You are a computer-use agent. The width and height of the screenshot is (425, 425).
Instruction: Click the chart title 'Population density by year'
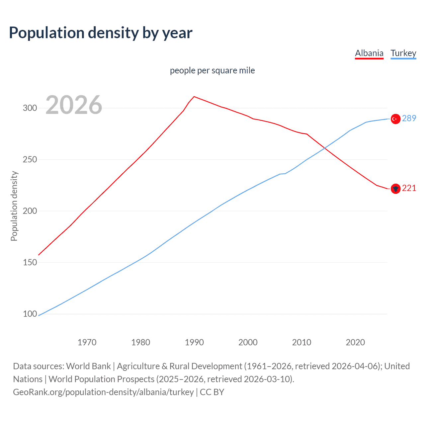[x=101, y=33]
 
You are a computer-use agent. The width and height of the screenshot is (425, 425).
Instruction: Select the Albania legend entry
[x=369, y=53]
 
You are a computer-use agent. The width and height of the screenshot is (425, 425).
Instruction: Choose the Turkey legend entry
[x=403, y=53]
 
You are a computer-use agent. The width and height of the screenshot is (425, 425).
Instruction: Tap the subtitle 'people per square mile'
[x=212, y=70]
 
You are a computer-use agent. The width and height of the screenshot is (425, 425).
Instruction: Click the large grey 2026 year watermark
[x=74, y=105]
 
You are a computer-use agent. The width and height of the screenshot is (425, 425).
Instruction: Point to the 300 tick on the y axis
[x=30, y=108]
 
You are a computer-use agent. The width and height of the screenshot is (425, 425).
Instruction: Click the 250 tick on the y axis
[x=30, y=159]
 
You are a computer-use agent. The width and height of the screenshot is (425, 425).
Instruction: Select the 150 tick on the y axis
[x=30, y=262]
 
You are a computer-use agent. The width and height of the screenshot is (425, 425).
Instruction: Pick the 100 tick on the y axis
[x=30, y=314]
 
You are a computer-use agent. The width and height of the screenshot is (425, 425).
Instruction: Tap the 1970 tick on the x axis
[x=87, y=342]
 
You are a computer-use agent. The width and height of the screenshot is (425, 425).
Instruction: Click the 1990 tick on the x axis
[x=194, y=342]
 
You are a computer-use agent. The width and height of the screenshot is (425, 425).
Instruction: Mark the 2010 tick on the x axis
[x=301, y=342]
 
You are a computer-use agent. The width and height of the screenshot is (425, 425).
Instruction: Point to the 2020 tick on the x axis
[x=355, y=342]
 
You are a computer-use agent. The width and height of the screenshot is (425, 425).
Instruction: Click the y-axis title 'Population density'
[x=14, y=206]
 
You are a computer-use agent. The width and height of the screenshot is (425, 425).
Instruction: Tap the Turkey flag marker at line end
[x=395, y=119]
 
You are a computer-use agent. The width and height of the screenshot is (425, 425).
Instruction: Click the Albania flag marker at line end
[x=395, y=189]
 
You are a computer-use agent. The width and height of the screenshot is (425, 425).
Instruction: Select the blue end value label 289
[x=409, y=118]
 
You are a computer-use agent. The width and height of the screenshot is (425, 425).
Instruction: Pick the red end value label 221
[x=409, y=188]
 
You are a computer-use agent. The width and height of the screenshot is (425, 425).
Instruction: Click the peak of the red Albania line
[x=194, y=97]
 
